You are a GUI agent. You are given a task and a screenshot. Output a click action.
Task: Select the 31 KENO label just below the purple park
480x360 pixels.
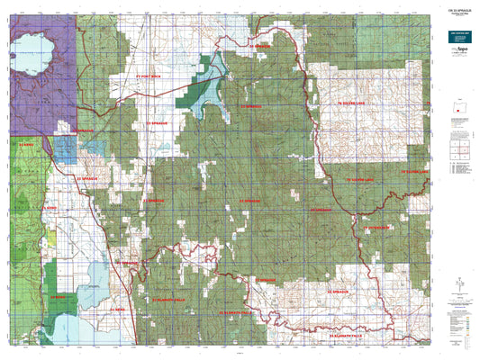pyautogui.click(x=26, y=142)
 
